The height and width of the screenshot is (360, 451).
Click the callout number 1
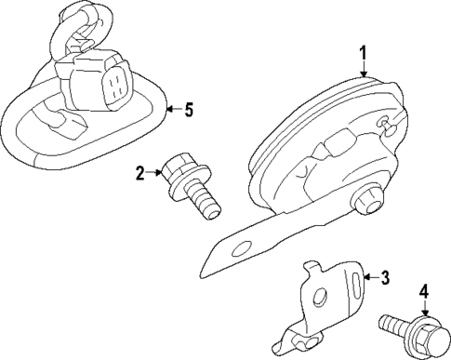coord(364,53)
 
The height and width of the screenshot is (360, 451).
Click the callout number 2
coord(140,173)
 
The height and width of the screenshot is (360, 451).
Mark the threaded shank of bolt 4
coord(395,327)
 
